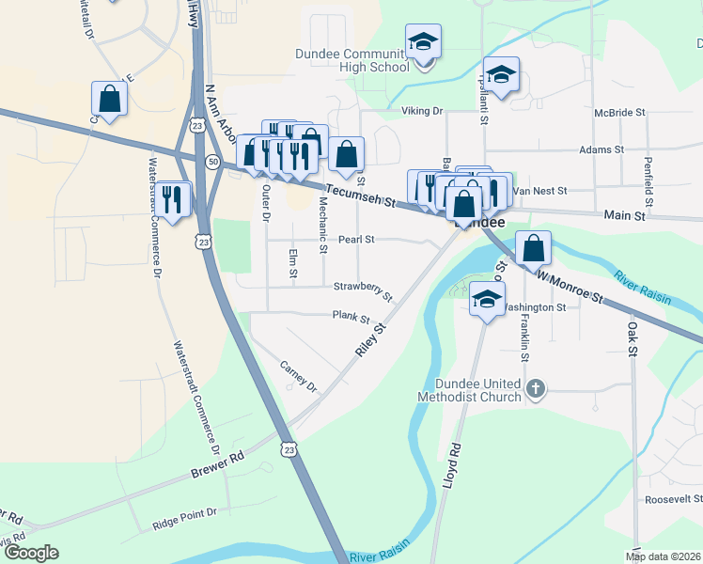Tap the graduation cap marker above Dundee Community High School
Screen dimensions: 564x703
(x=423, y=42)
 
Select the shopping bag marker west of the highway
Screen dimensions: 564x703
(x=109, y=99)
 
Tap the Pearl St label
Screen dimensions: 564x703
(x=356, y=240)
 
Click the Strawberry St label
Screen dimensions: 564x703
(x=362, y=287)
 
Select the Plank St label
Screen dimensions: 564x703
(x=351, y=318)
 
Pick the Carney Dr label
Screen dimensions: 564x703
(x=300, y=377)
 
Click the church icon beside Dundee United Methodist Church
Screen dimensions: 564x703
(x=536, y=388)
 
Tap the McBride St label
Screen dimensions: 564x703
(x=620, y=112)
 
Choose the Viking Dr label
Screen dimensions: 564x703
(x=422, y=111)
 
